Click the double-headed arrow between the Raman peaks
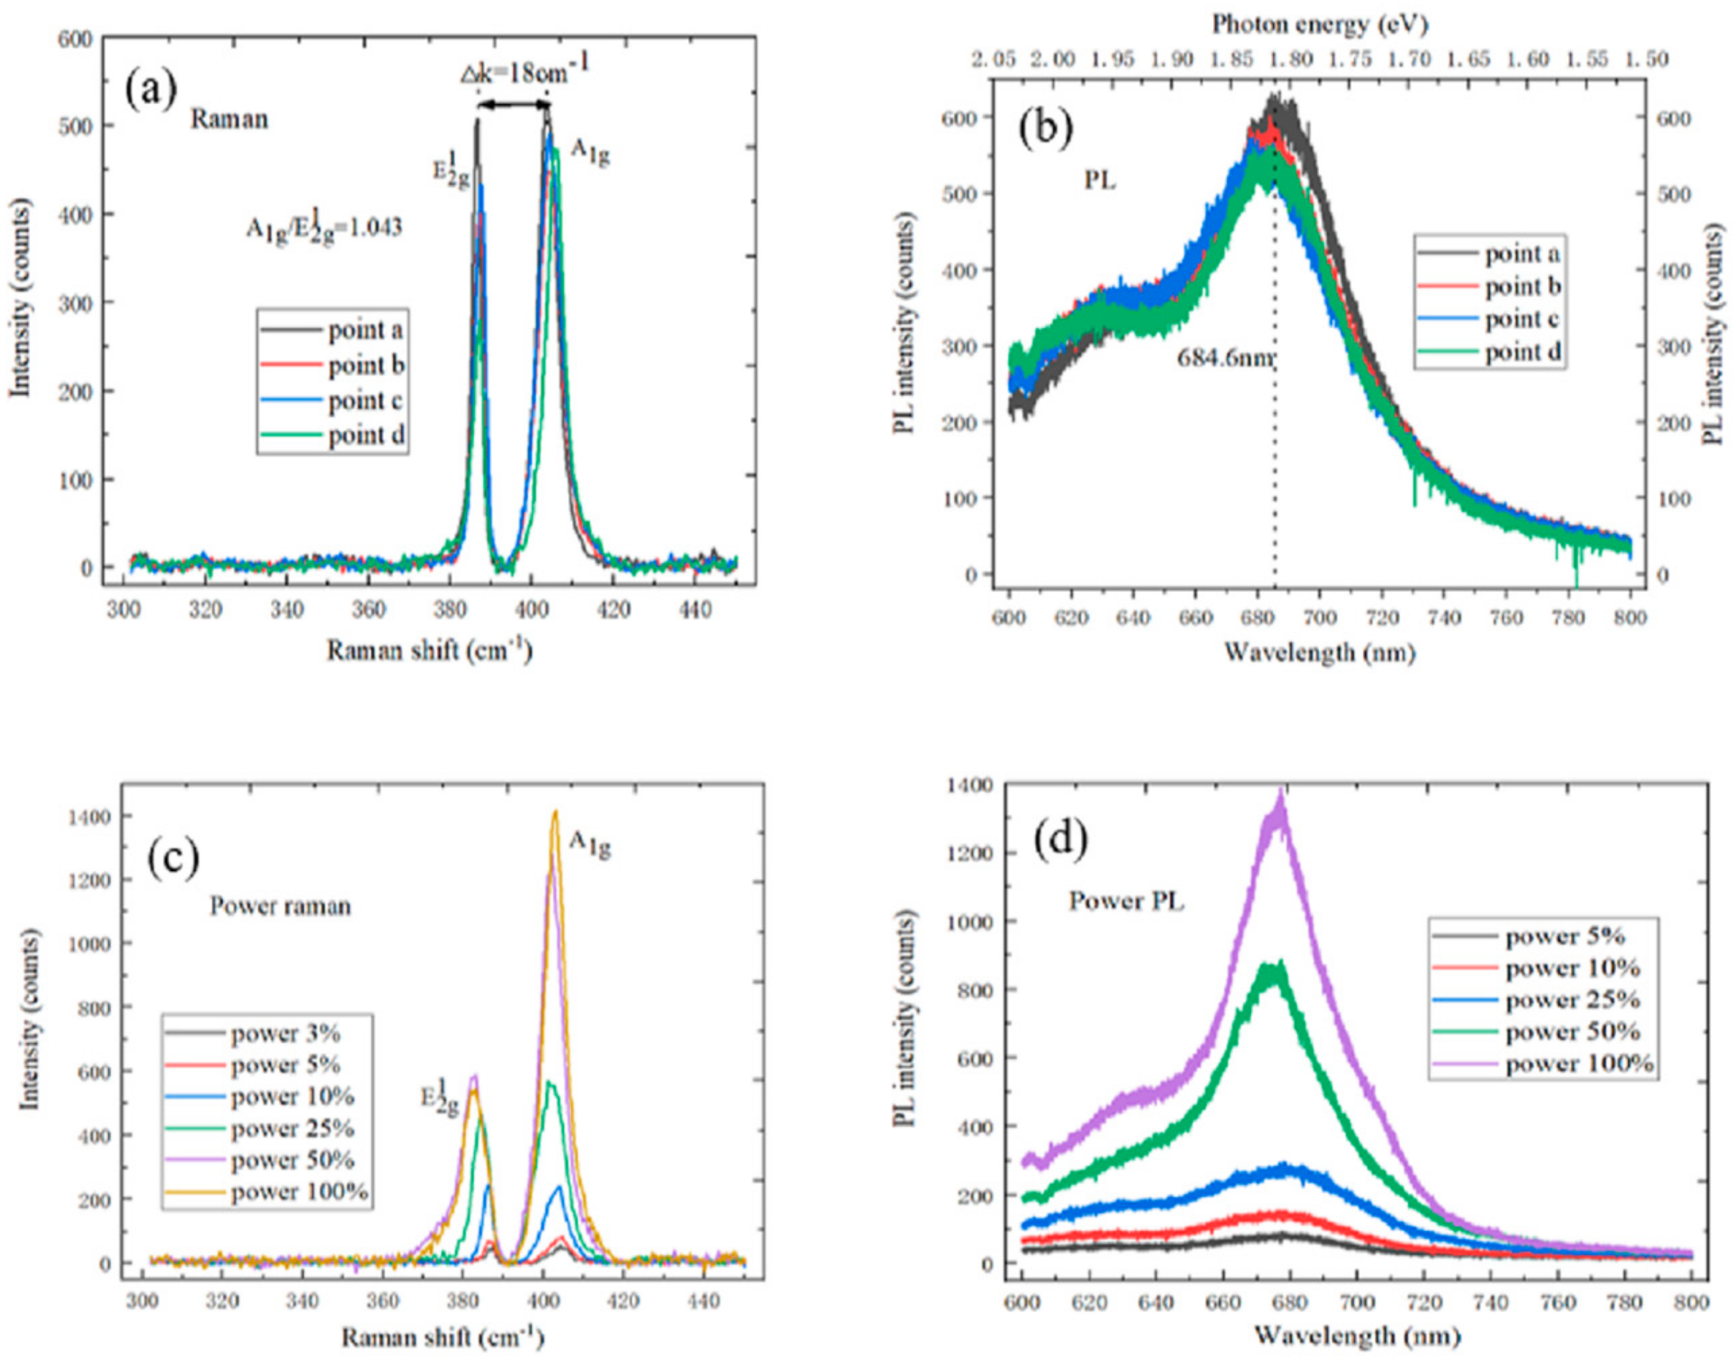513,105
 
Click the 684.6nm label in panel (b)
1225,358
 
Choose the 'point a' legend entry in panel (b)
1522,255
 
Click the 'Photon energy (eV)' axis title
1319,25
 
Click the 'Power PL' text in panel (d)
1125,902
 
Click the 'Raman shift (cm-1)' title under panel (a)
430,651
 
